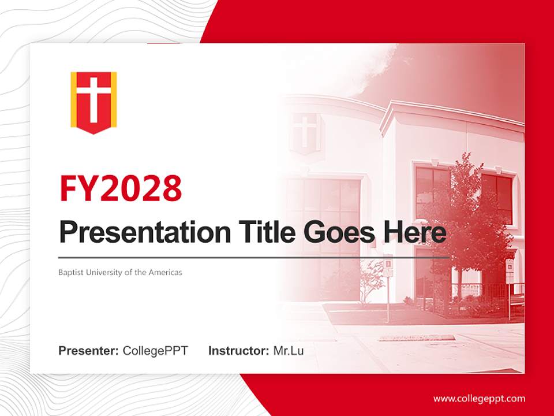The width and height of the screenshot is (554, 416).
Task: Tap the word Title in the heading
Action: [x=263, y=233]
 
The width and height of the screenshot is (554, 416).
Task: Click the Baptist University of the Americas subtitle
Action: [x=120, y=272]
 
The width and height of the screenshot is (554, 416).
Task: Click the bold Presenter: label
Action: [x=89, y=351]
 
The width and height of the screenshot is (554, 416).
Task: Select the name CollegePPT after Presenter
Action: [x=155, y=351]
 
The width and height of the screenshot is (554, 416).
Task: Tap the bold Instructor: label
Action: [x=238, y=351]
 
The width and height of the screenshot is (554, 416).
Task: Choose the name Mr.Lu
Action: [x=288, y=351]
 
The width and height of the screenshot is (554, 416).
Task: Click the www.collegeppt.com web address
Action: [x=479, y=399]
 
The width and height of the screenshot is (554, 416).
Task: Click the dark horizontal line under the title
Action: [x=254, y=257]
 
